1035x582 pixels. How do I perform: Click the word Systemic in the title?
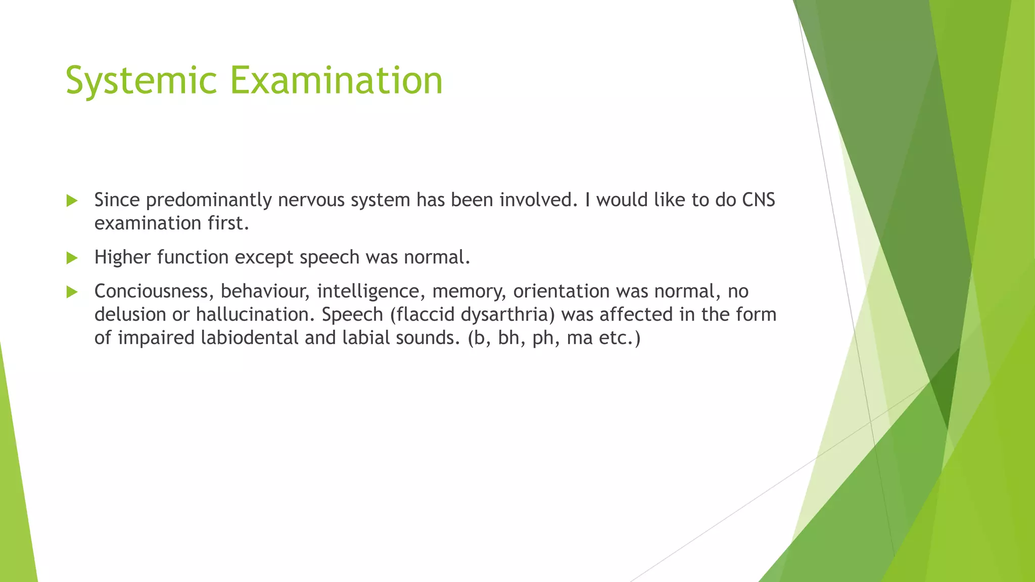[x=141, y=80]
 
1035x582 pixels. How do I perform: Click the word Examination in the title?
[x=337, y=80]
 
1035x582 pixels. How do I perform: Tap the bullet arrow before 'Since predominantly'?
[x=72, y=201]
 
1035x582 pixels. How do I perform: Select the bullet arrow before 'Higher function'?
[x=72, y=258]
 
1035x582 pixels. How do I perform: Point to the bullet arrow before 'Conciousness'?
[x=72, y=292]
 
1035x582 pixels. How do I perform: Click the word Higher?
[x=122, y=258]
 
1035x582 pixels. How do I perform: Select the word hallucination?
[x=255, y=315]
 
